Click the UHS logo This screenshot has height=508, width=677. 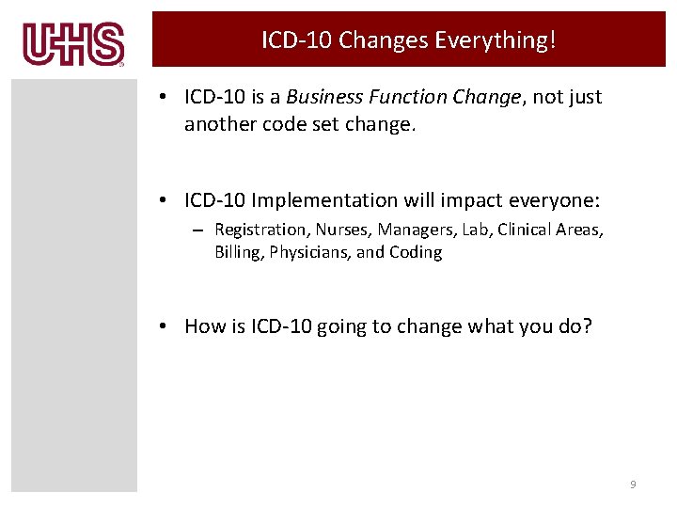pos(73,44)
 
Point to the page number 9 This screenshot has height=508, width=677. pos(633,484)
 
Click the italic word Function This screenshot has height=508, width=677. pos(405,97)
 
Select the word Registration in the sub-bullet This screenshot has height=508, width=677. pos(260,230)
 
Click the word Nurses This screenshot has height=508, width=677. pos(342,230)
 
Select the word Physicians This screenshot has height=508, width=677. pos(307,252)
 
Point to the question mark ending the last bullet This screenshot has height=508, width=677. pos(588,326)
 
